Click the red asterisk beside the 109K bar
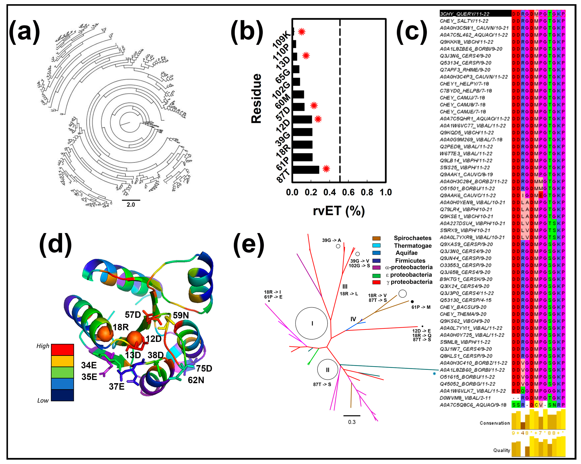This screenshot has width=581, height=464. pos(302,32)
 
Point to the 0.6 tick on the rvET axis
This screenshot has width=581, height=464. pos(348,192)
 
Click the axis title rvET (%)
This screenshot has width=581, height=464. pos(339,211)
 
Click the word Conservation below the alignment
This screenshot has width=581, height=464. pos(495,423)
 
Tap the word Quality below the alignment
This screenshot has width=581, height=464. pos(501,450)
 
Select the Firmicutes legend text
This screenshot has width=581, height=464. pos(410,260)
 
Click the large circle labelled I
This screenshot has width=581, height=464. pos(312,323)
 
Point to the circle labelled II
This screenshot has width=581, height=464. pos(327,370)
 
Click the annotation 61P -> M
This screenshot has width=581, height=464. pos(421,307)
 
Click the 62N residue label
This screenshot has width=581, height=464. pos(196,380)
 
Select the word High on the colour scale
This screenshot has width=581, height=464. pos(43,346)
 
